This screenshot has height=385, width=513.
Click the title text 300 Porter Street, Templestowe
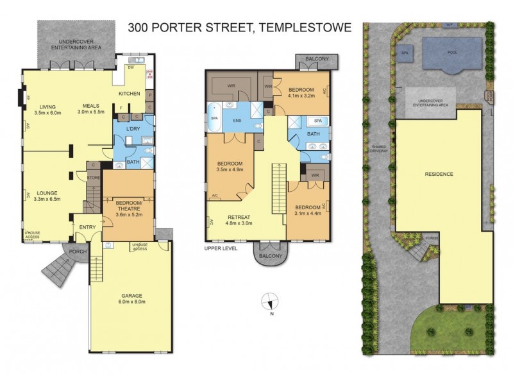(x=240, y=27)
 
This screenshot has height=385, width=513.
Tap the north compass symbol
(x=270, y=302)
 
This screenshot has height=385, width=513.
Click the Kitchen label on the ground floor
(x=129, y=94)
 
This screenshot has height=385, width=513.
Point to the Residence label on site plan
(x=439, y=174)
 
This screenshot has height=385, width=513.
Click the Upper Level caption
(x=222, y=247)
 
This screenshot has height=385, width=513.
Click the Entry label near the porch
(x=87, y=227)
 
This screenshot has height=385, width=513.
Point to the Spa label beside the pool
(x=405, y=53)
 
